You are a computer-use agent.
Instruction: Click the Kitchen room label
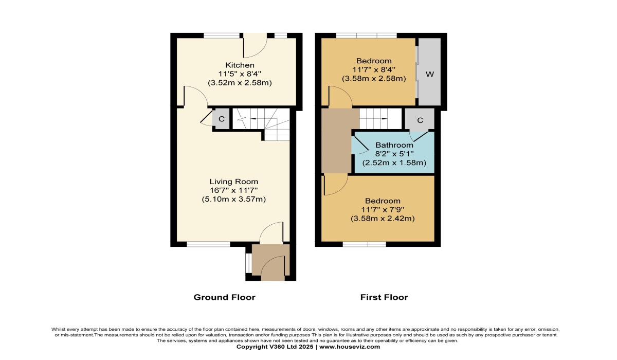click(240, 65)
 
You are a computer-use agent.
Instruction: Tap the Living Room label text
click(234, 182)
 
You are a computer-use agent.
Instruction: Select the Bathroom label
click(394, 145)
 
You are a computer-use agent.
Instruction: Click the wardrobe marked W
click(430, 71)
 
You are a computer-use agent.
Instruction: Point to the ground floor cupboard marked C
click(221, 119)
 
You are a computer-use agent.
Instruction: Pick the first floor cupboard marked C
click(420, 119)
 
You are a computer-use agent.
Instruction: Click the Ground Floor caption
click(225, 297)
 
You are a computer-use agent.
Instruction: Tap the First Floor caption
click(384, 297)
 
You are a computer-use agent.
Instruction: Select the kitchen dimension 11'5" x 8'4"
click(240, 74)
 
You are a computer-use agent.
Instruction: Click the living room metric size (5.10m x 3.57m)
click(234, 199)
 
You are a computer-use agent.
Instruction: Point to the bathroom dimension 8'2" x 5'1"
click(394, 154)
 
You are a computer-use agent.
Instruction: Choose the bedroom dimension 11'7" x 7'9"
click(383, 210)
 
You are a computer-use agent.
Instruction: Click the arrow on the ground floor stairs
click(252, 119)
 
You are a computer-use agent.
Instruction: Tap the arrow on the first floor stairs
click(384, 119)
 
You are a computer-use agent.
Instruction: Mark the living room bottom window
click(209, 244)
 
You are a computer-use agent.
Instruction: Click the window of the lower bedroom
click(365, 244)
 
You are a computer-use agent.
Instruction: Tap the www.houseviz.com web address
click(350, 347)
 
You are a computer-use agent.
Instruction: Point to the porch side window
click(248, 263)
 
